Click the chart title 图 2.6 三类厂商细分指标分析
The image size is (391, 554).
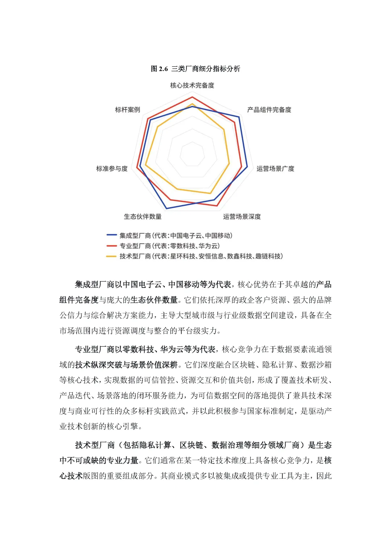coord(195,69)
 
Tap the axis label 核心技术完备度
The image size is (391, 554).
coord(192,85)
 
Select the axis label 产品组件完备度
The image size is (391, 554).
coord(269,109)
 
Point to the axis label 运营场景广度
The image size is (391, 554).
coord(275,169)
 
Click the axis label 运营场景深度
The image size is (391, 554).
coord(242,216)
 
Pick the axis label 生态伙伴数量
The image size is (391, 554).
coord(143,216)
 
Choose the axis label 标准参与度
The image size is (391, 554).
coord(112,169)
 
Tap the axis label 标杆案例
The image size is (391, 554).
coord(127,109)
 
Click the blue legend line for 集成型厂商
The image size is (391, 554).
coord(111,235)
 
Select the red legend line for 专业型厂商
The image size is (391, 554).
coord(111,246)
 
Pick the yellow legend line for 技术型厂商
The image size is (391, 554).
coord(111,256)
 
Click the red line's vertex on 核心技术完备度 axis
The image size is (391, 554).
coord(192,97)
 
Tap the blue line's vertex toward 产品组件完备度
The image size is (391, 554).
coord(239,117)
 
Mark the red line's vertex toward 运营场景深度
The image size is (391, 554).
coord(217,206)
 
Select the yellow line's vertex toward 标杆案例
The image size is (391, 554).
coord(158,127)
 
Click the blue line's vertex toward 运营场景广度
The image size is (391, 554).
coord(247,167)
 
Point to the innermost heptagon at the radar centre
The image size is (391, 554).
coord(192,155)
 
